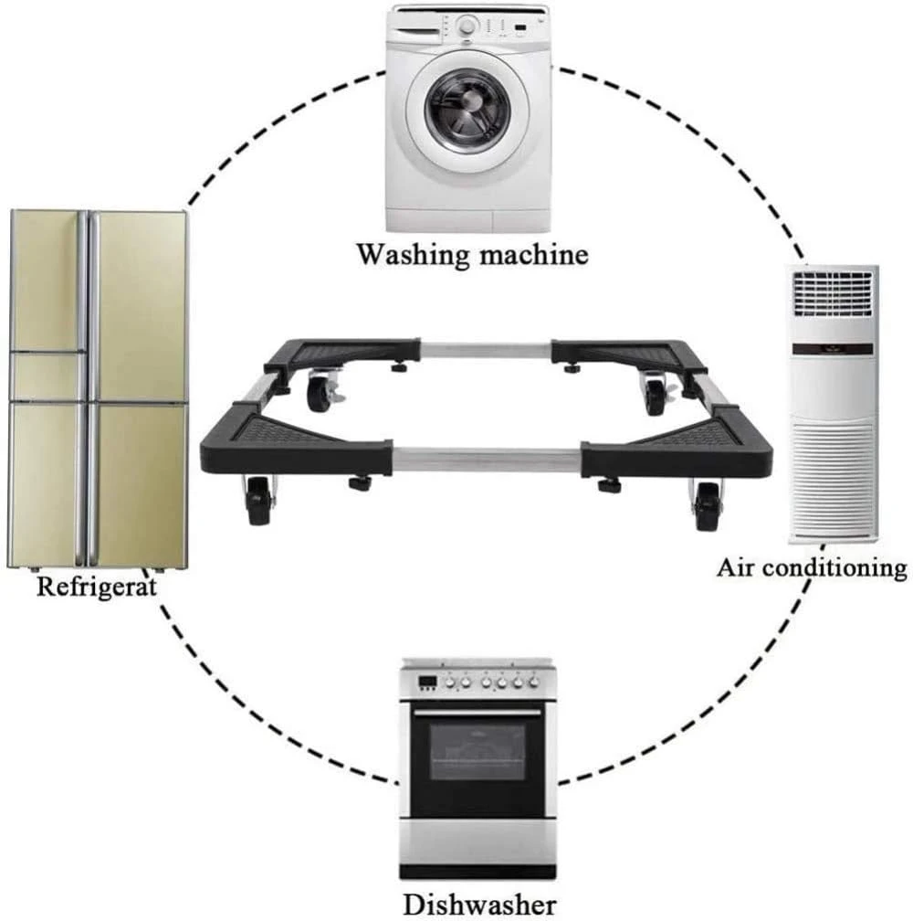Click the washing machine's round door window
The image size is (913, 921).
pos(467,111)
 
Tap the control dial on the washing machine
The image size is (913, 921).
pos(467,26)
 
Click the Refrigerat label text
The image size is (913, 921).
pos(97,587)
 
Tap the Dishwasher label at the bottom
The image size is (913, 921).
pos(479,905)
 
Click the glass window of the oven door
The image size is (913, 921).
pos(477,752)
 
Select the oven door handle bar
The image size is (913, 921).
pos(477,713)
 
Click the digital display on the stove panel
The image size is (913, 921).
pos(426,682)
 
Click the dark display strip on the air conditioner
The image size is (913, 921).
pos(832,349)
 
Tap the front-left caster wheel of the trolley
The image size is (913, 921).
pos(258,501)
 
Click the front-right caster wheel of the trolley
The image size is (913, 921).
pos(708,506)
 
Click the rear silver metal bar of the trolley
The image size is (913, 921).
pos(486,351)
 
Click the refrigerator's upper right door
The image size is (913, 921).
pos(140,306)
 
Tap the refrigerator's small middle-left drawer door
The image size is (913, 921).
pos(47,376)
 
